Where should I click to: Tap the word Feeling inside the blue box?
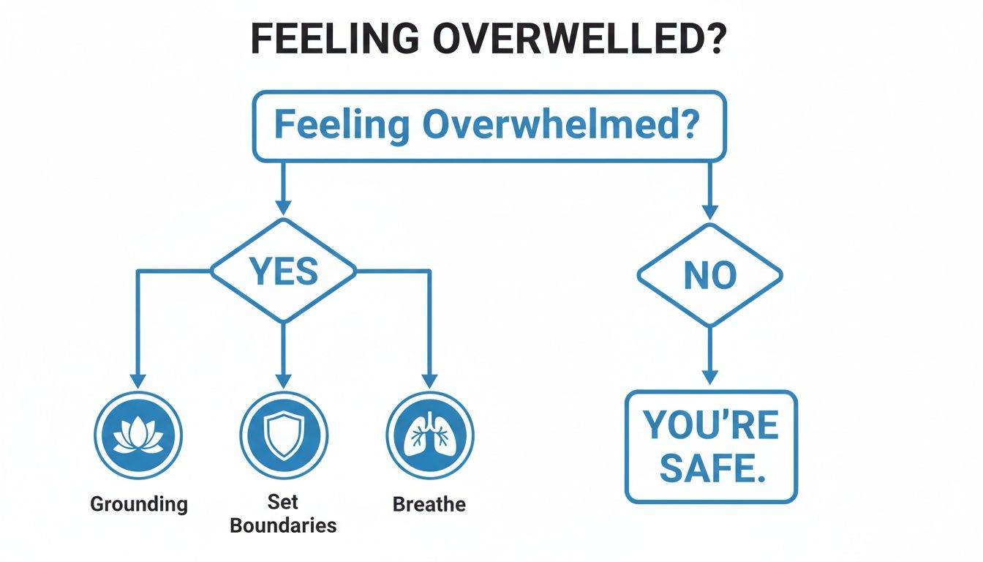(x=342, y=126)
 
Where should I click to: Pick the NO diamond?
(x=709, y=276)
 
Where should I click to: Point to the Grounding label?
(x=139, y=504)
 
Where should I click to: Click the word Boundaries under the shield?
(x=283, y=525)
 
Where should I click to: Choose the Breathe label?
(x=429, y=504)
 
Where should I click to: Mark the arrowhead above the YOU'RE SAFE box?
(x=710, y=377)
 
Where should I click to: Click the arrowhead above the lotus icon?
(x=138, y=380)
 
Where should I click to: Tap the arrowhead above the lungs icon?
(x=429, y=380)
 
